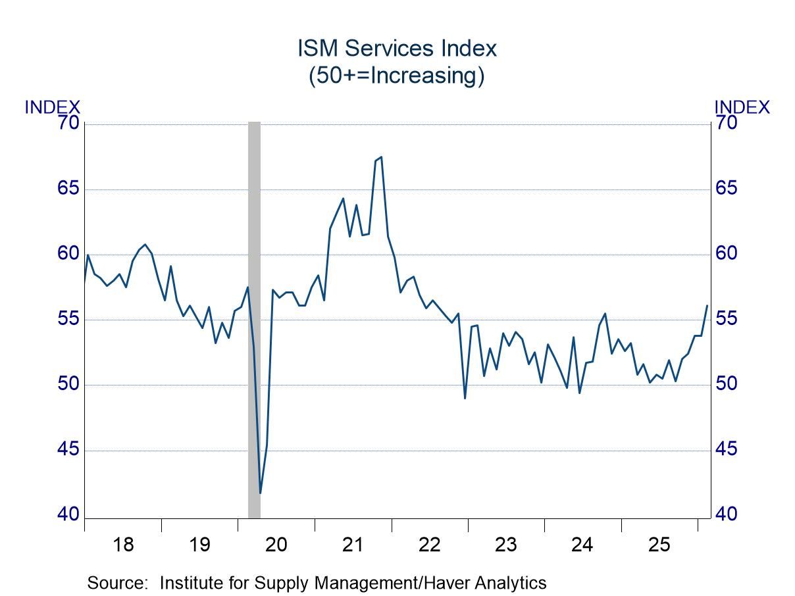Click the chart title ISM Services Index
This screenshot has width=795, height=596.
tap(397, 48)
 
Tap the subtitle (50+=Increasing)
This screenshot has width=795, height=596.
tap(397, 75)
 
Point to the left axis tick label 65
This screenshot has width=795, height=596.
tap(68, 188)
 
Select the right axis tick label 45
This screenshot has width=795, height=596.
tap(726, 449)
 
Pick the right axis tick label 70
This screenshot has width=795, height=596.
tap(726, 122)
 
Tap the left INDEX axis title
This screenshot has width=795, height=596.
tap(52, 107)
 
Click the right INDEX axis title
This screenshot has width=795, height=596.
tap(742, 107)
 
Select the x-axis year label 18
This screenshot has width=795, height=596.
tap(123, 545)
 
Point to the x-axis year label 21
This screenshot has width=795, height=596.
tap(353, 545)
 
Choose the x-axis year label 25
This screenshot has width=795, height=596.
tap(659, 545)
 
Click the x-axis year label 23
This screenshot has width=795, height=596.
tap(506, 545)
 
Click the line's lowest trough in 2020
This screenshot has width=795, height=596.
tap(261, 493)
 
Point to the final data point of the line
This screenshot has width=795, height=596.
tap(707, 305)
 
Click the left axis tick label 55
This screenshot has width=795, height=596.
tap(68, 319)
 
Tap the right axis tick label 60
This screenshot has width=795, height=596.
tap(726, 253)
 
